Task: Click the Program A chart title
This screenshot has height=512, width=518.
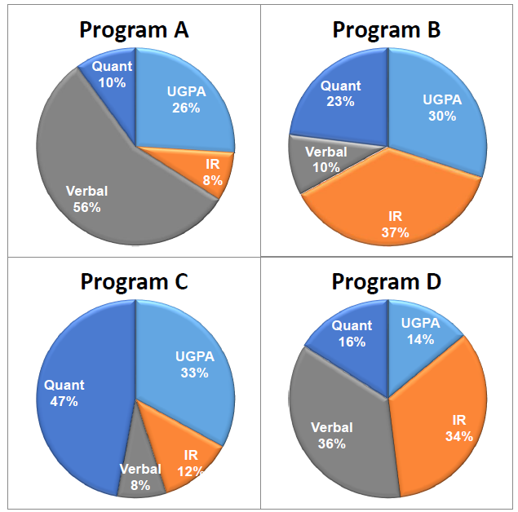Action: tap(134, 30)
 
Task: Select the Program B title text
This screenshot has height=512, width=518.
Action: tap(387, 30)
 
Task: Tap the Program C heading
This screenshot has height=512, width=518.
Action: tap(134, 282)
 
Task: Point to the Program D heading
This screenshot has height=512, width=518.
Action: tap(387, 282)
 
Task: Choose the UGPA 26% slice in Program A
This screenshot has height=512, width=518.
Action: tap(184, 102)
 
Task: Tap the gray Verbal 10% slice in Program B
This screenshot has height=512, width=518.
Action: tap(324, 159)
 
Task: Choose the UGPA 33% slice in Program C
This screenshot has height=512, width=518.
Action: tap(188, 367)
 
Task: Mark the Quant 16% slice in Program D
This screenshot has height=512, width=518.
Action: tap(352, 334)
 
